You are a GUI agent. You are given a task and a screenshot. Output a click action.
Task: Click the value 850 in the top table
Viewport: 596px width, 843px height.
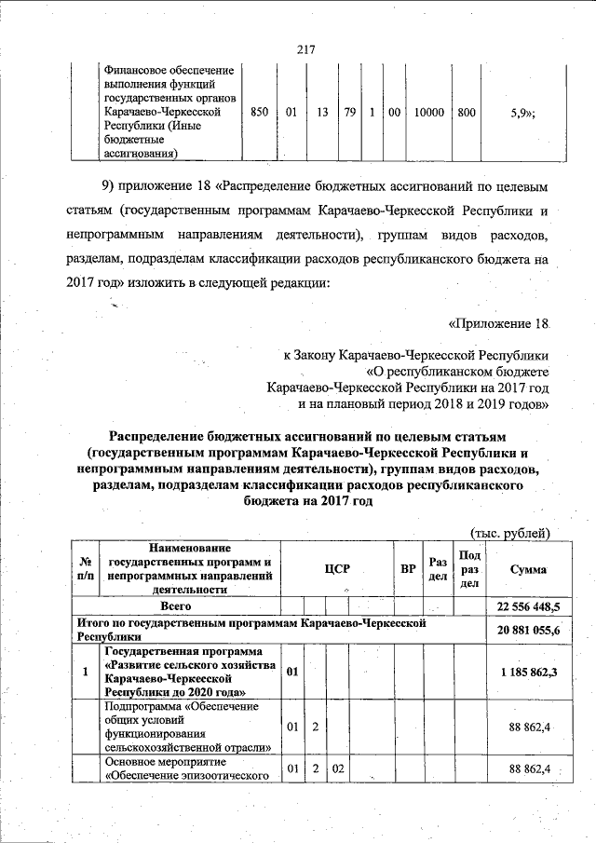pyautogui.click(x=261, y=112)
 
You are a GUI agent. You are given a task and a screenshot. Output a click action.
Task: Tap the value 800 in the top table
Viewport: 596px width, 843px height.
pyautogui.click(x=467, y=112)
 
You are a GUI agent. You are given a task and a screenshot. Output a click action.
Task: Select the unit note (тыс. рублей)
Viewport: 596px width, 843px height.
pyautogui.click(x=511, y=533)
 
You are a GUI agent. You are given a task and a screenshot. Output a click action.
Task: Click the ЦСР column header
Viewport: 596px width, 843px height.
pyautogui.click(x=336, y=569)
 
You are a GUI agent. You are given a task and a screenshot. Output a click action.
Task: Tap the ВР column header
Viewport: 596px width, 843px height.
pyautogui.click(x=408, y=569)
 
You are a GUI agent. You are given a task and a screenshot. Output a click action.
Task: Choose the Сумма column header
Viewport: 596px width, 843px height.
pyautogui.click(x=528, y=569)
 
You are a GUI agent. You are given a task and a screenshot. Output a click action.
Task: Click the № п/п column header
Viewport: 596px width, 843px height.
pyautogui.click(x=86, y=569)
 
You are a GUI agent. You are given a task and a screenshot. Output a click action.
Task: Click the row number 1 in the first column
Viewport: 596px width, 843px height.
pyautogui.click(x=86, y=672)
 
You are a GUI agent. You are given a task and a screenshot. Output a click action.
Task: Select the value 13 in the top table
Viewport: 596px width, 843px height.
pyautogui.click(x=321, y=112)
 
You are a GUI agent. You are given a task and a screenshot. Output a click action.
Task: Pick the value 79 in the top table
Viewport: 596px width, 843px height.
pyautogui.click(x=350, y=112)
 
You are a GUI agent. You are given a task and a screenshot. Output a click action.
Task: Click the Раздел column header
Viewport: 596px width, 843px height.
pyautogui.click(x=438, y=569)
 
